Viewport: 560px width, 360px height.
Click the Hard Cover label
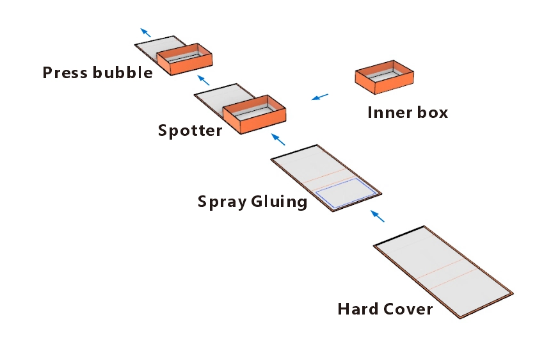[385, 309]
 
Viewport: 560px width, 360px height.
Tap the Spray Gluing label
[252, 202]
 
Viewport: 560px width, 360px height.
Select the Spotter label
[190, 131]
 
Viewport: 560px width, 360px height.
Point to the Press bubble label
[97, 72]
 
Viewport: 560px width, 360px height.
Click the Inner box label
[408, 113]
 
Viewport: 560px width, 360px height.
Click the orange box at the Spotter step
[254, 117]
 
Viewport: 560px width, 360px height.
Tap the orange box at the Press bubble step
[184, 59]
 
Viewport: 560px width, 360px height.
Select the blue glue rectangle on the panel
[346, 193]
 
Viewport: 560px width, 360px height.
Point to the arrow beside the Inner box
[319, 97]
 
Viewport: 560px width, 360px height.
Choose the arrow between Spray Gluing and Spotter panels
[278, 139]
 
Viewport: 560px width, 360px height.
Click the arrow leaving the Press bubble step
[146, 33]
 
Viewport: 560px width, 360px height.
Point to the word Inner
[387, 113]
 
